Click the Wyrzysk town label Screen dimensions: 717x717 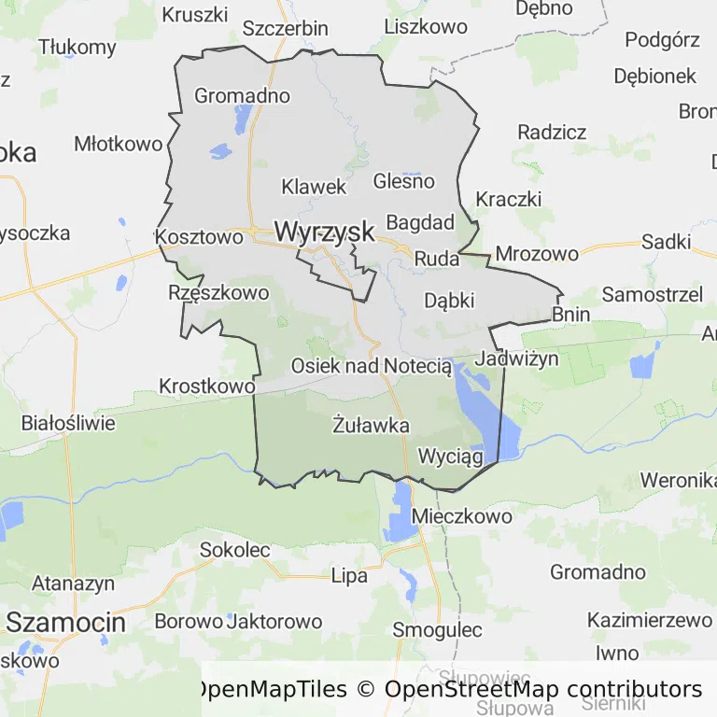click(x=324, y=232)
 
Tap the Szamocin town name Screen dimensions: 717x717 click(x=65, y=621)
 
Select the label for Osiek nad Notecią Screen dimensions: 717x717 click(x=372, y=366)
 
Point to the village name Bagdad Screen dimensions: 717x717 click(x=420, y=223)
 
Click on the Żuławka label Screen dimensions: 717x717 click(x=371, y=426)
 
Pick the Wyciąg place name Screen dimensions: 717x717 click(x=451, y=457)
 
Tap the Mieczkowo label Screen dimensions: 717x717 click(x=462, y=516)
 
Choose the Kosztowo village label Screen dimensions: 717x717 click(x=200, y=237)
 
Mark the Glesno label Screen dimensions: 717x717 click(x=403, y=181)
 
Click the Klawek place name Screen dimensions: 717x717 click(x=314, y=187)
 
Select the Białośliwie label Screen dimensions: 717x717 click(x=69, y=423)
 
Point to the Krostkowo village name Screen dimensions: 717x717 click(x=207, y=386)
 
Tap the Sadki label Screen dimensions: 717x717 click(x=666, y=243)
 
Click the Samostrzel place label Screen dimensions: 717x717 click(x=653, y=295)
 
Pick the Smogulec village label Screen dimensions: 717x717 click(x=437, y=629)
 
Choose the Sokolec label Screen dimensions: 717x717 click(x=234, y=550)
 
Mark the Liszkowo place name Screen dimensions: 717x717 click(x=426, y=26)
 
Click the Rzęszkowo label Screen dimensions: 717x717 click(x=218, y=292)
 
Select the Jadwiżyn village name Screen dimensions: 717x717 click(x=517, y=358)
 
